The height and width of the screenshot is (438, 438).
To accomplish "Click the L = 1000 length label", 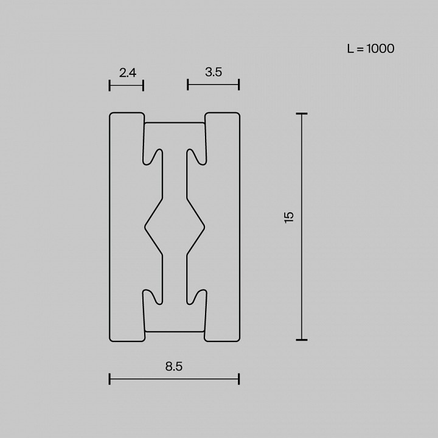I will pyautogui.click(x=370, y=49).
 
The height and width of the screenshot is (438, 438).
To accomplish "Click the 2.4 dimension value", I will pyautogui.click(x=128, y=72).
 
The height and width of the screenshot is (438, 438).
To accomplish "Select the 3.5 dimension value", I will pyautogui.click(x=214, y=72).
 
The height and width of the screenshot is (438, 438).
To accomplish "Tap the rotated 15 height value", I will pyautogui.click(x=289, y=217).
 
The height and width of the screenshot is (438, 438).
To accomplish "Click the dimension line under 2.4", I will pyautogui.click(x=126, y=85).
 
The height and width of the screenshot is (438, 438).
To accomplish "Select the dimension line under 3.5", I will pyautogui.click(x=213, y=85).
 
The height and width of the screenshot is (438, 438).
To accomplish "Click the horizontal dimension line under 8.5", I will pyautogui.click(x=174, y=379).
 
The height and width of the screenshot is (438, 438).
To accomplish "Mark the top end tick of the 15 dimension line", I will pyautogui.click(x=301, y=114).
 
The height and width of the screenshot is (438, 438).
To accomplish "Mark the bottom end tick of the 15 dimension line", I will pyautogui.click(x=301, y=339).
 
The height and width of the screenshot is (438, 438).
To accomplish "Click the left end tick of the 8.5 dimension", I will pyautogui.click(x=109, y=379).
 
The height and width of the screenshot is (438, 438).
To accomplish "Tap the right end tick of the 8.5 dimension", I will pyautogui.click(x=238, y=379).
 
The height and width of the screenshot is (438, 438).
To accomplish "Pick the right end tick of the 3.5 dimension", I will pyautogui.click(x=238, y=85).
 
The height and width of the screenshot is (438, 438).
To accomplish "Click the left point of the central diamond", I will pyautogui.click(x=145, y=227).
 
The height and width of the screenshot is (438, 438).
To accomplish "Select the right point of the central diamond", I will pyautogui.click(x=204, y=227).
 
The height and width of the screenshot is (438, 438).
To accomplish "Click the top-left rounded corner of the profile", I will pyautogui.click(x=111, y=115).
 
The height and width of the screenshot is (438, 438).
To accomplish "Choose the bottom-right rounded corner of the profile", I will pyautogui.click(x=237, y=338).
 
